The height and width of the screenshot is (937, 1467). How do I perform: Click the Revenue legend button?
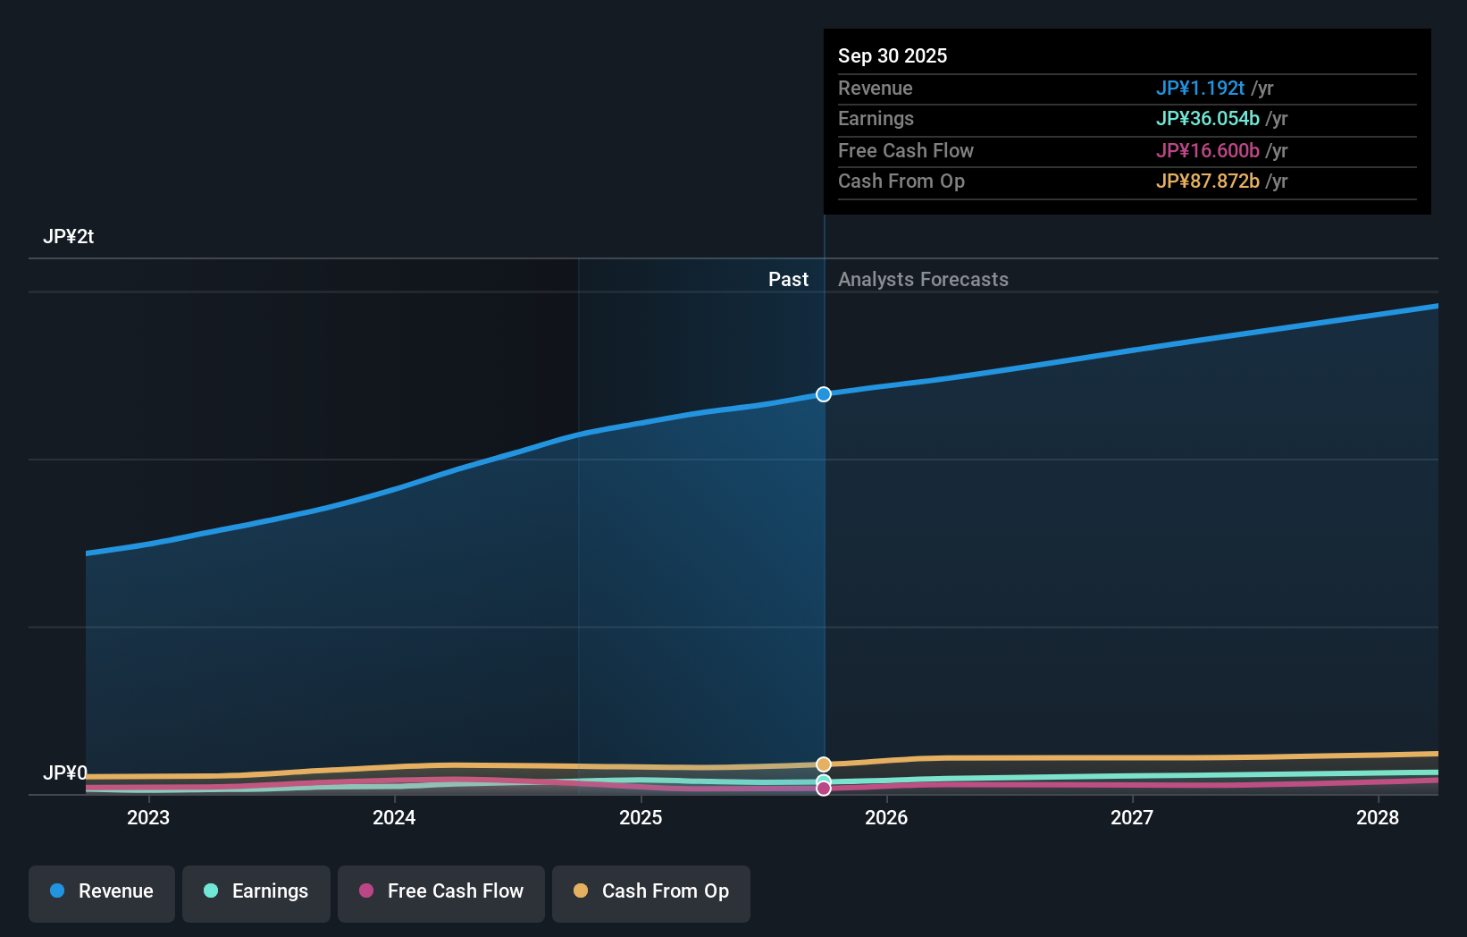[102, 892]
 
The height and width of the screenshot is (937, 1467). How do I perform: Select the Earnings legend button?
[256, 892]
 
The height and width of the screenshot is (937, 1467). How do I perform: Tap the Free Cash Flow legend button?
[441, 892]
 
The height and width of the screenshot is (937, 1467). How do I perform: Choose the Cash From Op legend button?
[651, 892]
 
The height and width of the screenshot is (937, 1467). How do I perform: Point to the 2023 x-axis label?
[148, 817]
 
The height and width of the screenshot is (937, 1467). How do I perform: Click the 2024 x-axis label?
[394, 817]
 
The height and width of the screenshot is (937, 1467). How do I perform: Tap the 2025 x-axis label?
[641, 817]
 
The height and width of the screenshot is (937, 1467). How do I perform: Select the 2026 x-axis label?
[886, 817]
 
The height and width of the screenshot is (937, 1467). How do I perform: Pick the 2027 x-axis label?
[1132, 817]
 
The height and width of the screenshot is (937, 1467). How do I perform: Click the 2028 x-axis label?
[1378, 817]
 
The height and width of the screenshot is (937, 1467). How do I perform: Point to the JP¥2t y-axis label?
[69, 237]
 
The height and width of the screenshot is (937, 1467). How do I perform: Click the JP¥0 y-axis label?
[65, 772]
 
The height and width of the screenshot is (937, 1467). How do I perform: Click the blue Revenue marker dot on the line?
[824, 394]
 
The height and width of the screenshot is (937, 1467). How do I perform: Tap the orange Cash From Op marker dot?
[824, 764]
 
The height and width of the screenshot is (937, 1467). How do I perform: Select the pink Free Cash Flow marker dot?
[824, 789]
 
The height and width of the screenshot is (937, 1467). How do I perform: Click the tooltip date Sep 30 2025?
[893, 55]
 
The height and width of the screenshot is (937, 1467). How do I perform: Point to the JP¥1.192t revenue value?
[1200, 89]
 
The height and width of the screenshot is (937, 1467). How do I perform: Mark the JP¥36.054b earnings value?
[1207, 119]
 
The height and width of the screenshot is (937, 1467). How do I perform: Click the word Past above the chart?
[788, 280]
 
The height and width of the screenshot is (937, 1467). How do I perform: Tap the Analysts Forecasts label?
[923, 280]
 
